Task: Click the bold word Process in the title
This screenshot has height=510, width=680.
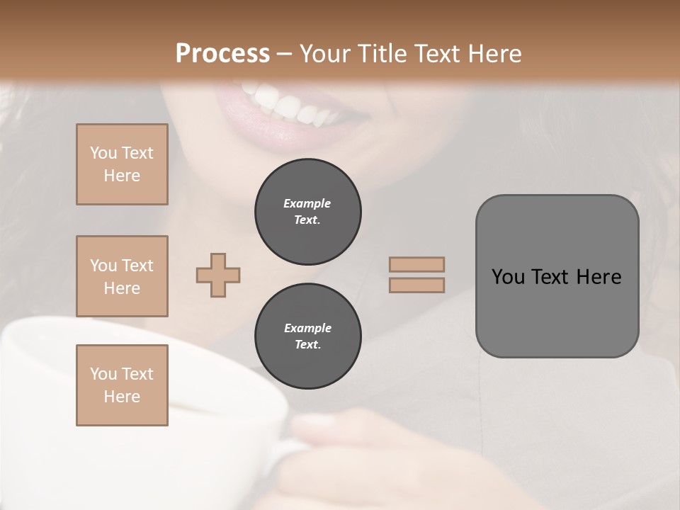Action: tap(222, 54)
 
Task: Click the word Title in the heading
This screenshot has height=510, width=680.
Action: tap(380, 54)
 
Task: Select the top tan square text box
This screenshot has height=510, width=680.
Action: tap(122, 164)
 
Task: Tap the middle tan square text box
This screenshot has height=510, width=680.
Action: tap(122, 276)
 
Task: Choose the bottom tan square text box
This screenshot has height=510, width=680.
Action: tap(122, 385)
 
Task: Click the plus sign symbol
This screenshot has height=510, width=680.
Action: tap(218, 275)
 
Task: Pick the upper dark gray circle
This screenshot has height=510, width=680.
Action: tap(307, 212)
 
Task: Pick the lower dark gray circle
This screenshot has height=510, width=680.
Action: tap(307, 336)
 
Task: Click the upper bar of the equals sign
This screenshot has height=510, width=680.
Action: tap(416, 264)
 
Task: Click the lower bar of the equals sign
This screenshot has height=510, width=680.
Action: tap(416, 285)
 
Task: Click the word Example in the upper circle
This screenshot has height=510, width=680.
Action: tap(307, 203)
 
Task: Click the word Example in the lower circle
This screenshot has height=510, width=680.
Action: tap(307, 328)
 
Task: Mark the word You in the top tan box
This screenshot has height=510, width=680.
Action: tap(103, 153)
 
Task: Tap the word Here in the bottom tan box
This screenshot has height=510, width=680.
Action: tap(122, 397)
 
